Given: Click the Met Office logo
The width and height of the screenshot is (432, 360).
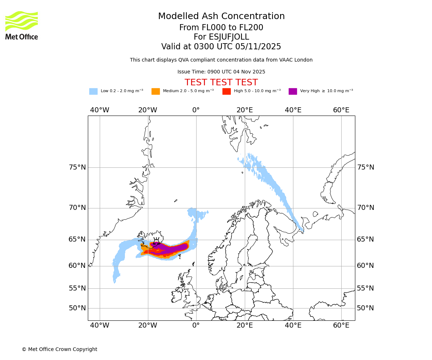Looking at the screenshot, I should coord(22,25).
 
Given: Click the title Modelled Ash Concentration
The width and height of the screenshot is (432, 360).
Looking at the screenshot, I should coord(221,17).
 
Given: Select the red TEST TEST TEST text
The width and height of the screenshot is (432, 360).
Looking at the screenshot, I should coord(221,82).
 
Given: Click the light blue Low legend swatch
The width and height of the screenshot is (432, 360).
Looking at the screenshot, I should coord(93,91).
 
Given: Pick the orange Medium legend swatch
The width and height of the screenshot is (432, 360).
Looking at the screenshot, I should coord(156,91).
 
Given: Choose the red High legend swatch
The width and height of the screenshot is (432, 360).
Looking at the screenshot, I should coord(226,91).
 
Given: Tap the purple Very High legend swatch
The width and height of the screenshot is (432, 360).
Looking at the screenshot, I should coord(293,91).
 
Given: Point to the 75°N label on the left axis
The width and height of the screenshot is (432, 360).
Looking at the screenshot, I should coord(77,167).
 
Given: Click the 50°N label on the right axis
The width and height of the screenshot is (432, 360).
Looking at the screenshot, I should coord(365,308).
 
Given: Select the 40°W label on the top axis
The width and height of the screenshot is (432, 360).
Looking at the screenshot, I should coord(100,110).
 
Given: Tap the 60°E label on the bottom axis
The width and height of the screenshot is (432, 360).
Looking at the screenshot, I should coord(341,325).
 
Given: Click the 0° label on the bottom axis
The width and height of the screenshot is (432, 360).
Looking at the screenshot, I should coord(196,325).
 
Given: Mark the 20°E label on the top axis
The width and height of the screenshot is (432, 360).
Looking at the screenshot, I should coord(245,110).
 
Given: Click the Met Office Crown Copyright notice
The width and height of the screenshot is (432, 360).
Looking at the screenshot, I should coord(59,349).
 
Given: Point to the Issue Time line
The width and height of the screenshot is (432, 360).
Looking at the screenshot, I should coord(221,72).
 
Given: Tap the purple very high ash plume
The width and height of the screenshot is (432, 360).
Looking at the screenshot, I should coord(173,248).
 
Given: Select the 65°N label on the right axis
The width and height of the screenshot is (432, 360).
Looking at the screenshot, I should coord(365,239).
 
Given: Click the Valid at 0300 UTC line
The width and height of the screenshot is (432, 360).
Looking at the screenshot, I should coord(221,47).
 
